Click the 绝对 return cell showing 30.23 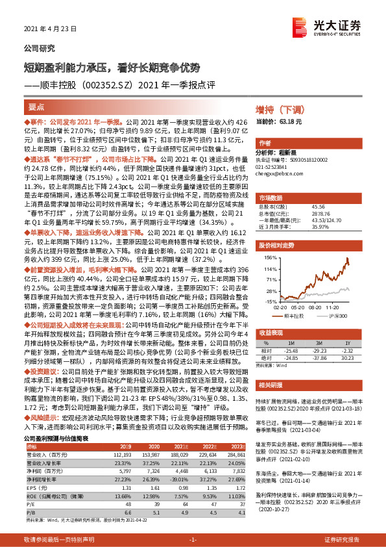tap(348, 356)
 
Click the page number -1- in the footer tap(193, 539)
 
